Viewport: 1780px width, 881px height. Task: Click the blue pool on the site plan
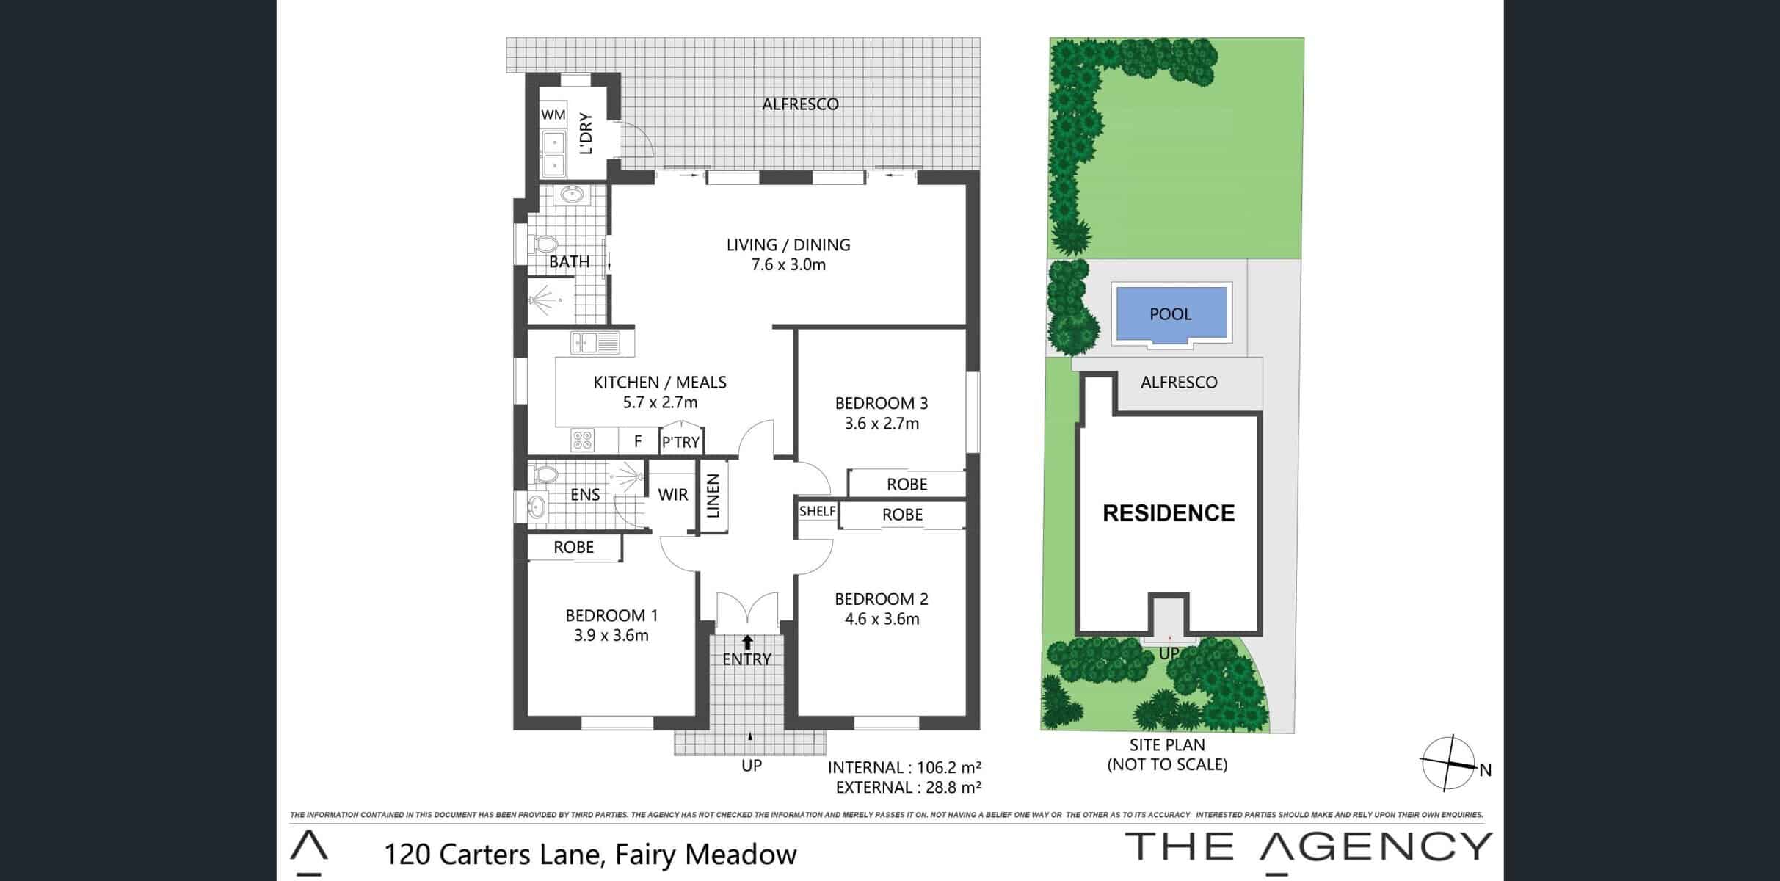1171,313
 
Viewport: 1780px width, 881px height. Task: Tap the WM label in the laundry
553,115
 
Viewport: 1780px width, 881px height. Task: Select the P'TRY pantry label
681,442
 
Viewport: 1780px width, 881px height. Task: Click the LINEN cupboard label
713,496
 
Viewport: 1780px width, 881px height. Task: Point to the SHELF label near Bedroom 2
818,511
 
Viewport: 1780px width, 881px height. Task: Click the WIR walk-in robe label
673,495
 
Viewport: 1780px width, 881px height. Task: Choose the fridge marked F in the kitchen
638,440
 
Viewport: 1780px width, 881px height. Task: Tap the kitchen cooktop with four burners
583,440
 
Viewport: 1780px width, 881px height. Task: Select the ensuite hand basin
538,506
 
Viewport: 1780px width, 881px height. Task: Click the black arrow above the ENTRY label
748,642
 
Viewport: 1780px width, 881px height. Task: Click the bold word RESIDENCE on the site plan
1169,512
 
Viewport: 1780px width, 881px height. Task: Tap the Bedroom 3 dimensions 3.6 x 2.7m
882,424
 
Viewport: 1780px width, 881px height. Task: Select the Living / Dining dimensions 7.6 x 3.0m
788,265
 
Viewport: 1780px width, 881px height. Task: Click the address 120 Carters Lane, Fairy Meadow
591,855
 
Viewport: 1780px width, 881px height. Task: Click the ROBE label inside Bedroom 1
574,547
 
